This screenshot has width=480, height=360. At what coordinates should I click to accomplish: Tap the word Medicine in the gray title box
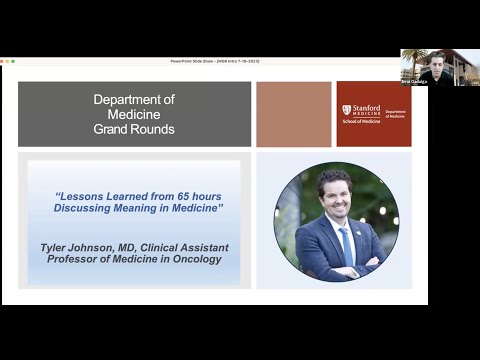(x=134, y=114)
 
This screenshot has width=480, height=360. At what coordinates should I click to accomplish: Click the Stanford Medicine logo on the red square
(x=362, y=113)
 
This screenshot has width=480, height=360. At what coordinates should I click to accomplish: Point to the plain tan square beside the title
(x=294, y=114)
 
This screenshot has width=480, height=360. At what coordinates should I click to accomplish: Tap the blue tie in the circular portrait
(x=345, y=245)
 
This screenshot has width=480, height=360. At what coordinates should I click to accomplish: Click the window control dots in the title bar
(x=8, y=61)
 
